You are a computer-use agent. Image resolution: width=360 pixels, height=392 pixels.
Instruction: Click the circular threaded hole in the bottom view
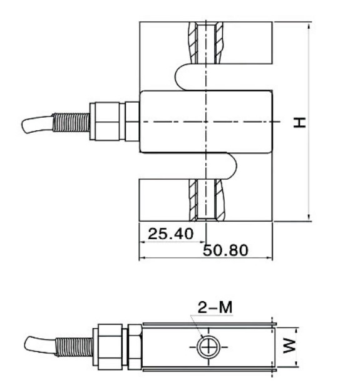tap(206, 346)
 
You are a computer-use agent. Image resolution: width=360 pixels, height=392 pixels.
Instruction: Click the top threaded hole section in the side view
tap(206, 43)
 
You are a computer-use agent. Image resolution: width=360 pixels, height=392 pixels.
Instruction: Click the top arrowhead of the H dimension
tap(309, 27)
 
